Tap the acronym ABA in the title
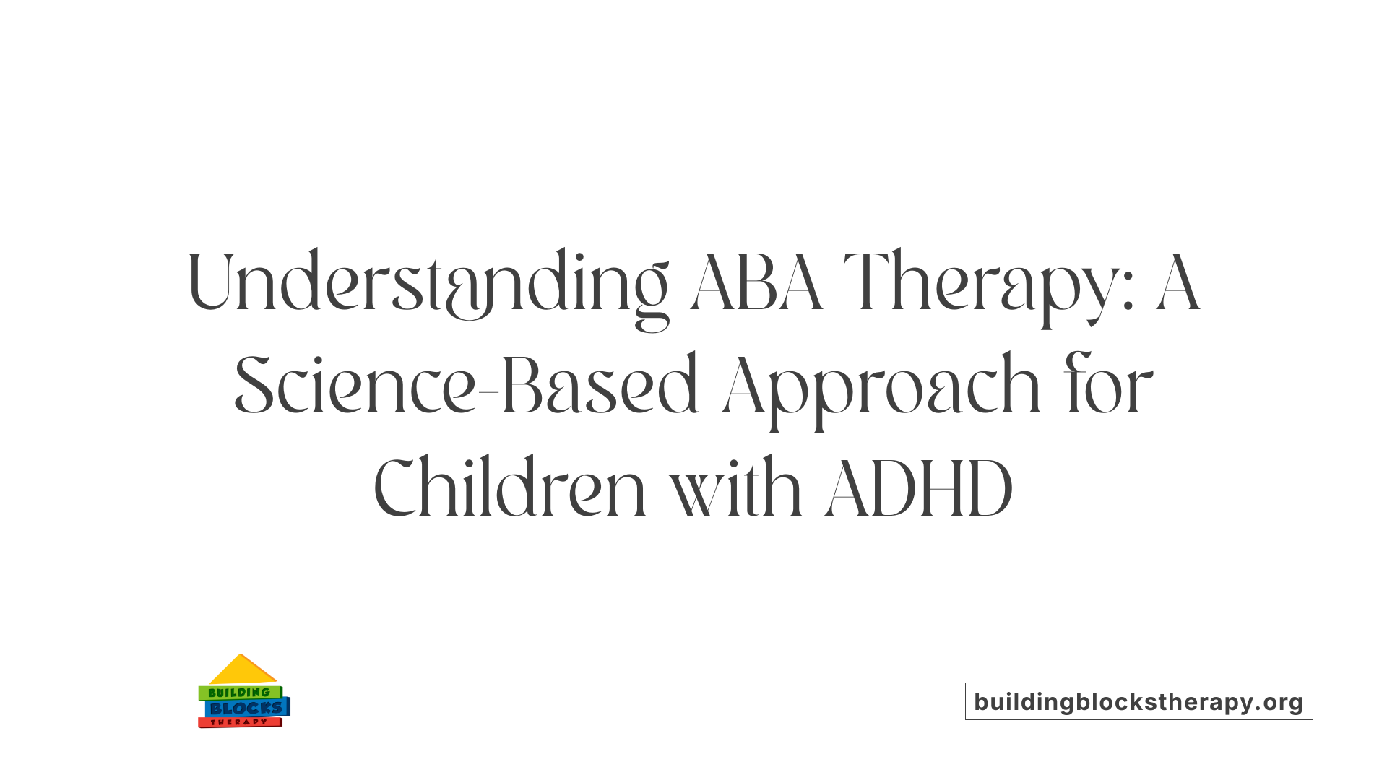(756, 283)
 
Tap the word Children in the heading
(509, 489)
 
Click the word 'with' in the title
(735, 489)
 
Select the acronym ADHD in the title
(919, 489)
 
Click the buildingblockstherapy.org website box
(1138, 701)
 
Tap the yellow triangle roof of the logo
(242, 671)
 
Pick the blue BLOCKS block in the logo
(246, 708)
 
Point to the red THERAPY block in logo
(239, 722)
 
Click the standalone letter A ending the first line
(1178, 283)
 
